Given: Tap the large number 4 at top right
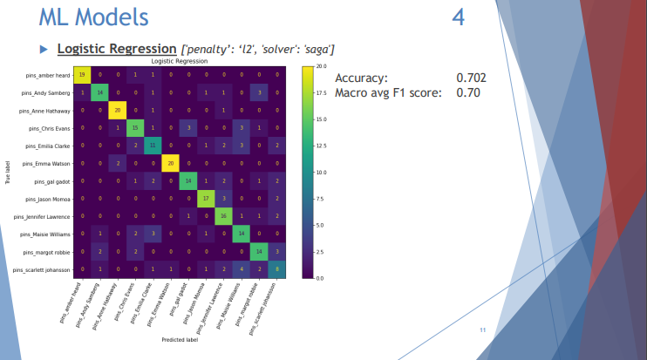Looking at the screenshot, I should (x=459, y=17).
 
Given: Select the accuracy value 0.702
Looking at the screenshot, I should (x=471, y=78).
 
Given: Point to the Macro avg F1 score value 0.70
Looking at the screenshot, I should (x=468, y=92).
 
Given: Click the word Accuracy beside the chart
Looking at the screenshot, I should (x=361, y=78).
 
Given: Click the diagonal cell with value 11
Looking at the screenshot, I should (x=153, y=146).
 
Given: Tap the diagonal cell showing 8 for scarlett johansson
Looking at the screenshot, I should (x=277, y=270).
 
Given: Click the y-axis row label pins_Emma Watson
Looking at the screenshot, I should (x=46, y=164).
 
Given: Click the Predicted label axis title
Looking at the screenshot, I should (x=179, y=338).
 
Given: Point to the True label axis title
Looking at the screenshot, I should (x=8, y=172).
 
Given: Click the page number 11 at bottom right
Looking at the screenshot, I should (x=482, y=330).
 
